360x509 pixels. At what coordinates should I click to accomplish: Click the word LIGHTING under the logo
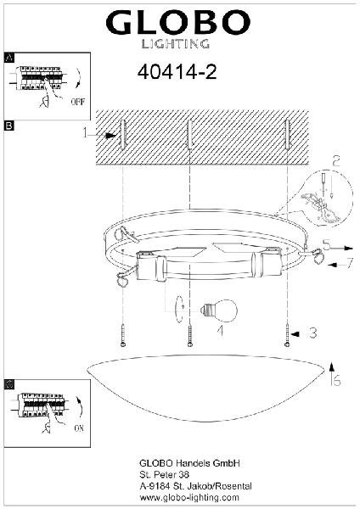tap(176, 44)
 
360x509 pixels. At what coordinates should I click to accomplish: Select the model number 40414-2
tap(177, 72)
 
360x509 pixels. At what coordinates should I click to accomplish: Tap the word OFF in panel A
tap(77, 102)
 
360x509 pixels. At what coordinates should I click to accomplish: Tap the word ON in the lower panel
tap(79, 428)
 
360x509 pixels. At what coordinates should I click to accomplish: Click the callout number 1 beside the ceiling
tap(85, 132)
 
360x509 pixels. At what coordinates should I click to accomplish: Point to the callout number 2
tap(336, 161)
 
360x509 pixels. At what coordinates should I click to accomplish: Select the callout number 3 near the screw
tap(312, 333)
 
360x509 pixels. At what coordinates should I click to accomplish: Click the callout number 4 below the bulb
tap(220, 331)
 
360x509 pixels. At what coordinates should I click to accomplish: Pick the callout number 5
tap(327, 244)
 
